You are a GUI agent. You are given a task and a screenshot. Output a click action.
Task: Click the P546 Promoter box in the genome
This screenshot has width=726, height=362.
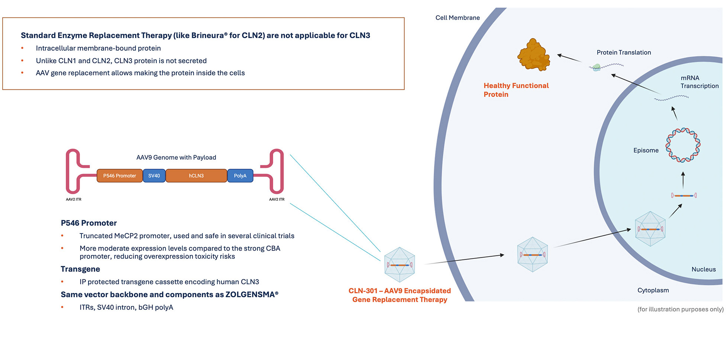coord(119,176)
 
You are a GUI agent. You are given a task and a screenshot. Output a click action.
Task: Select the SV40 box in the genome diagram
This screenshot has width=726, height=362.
coord(154,176)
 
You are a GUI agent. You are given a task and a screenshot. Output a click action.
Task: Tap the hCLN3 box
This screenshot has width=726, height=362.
coord(196,176)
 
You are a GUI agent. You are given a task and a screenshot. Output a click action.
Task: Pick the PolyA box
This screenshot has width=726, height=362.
coord(240,176)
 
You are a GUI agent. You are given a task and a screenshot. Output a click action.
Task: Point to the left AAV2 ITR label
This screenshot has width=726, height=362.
coord(74,199)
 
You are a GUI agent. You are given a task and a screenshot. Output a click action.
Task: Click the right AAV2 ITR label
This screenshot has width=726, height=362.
coord(277,199)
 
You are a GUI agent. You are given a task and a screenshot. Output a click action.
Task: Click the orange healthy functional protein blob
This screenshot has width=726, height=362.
coord(534,55)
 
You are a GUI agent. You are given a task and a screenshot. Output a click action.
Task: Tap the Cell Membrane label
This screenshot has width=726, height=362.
coord(458,18)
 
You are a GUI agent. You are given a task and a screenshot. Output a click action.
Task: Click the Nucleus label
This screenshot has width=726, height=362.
coord(704,269)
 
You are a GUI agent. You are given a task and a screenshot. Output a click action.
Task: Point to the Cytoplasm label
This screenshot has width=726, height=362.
coord(653,290)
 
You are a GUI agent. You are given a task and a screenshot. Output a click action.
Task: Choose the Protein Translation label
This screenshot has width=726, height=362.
coord(624,53)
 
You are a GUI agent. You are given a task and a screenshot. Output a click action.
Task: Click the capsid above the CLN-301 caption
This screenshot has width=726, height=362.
coord(400,265)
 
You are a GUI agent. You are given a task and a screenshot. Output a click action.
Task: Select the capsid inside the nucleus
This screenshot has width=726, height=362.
coord(650,229)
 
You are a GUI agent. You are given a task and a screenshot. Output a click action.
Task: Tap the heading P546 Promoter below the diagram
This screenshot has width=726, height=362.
coord(89,223)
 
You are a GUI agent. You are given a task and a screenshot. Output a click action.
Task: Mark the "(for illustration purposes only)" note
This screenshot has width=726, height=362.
coord(681,309)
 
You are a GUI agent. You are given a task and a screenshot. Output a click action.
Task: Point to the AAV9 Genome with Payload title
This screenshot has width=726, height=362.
coord(176,158)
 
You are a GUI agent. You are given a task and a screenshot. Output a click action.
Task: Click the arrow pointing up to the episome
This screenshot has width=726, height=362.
coord(683,180)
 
